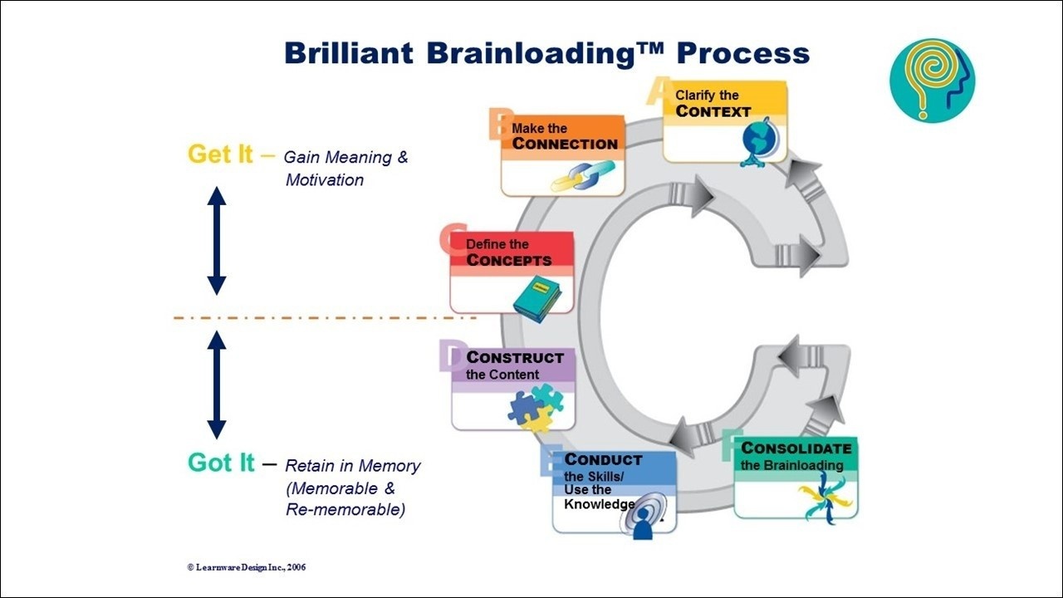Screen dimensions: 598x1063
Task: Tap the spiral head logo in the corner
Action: [932, 81]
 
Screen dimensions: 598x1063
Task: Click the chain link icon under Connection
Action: [582, 176]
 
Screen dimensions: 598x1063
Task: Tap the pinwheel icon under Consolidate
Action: [824, 498]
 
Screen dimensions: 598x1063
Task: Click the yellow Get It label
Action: [220, 154]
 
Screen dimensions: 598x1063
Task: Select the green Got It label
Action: [221, 463]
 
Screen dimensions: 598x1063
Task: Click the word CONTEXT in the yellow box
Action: [713, 111]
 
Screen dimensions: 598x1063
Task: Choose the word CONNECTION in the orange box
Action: [565, 144]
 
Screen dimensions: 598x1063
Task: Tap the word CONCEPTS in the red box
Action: [508, 260]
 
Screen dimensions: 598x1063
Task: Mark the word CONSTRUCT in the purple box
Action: [515, 358]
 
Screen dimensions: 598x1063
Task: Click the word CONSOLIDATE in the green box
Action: [796, 448]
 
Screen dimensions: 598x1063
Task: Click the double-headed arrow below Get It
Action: [217, 241]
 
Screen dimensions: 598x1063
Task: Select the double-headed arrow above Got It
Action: [217, 385]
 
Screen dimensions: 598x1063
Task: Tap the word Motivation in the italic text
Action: [325, 180]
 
